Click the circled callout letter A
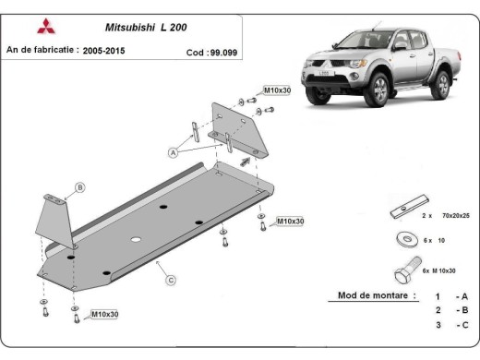[x=173, y=150]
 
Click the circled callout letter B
[x=80, y=188]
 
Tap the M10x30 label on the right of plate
[x=290, y=222]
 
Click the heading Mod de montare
[x=370, y=297]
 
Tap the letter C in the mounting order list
[x=467, y=326]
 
